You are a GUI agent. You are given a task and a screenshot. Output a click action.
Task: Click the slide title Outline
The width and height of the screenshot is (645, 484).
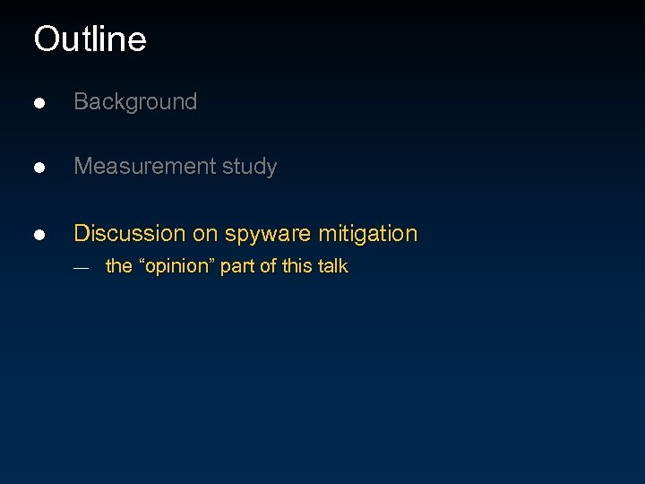click(90, 39)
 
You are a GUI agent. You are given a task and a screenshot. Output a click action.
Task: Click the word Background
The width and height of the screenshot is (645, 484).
click(135, 102)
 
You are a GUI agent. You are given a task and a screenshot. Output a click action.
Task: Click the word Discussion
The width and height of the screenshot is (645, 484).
click(130, 234)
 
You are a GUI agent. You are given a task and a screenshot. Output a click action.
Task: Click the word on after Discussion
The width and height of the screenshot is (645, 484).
click(206, 235)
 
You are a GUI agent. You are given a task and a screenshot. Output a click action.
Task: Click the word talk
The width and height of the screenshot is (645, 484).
click(331, 266)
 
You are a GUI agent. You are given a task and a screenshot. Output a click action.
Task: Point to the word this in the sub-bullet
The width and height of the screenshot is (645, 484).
click(295, 266)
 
